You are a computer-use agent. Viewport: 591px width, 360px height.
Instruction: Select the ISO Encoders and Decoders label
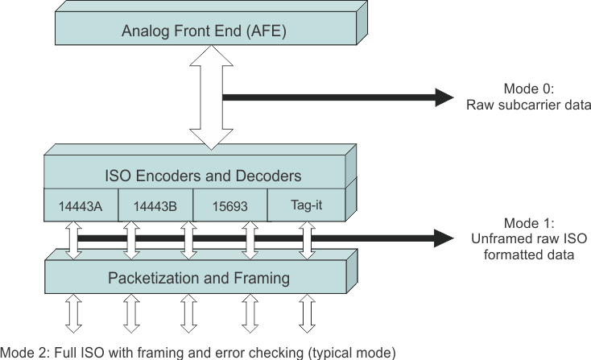tap(203, 175)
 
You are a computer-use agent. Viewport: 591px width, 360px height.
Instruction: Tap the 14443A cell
tap(81, 205)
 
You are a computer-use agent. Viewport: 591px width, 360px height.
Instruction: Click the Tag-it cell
tap(306, 205)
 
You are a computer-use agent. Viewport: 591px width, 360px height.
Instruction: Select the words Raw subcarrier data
tap(529, 105)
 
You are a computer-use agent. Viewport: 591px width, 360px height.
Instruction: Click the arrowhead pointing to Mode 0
tap(444, 97)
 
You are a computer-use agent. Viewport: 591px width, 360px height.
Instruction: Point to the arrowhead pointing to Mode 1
tap(444, 238)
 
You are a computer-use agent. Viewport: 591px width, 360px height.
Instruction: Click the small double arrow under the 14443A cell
tap(73, 240)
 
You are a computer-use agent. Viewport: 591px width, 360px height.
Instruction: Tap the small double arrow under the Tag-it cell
tap(306, 240)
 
